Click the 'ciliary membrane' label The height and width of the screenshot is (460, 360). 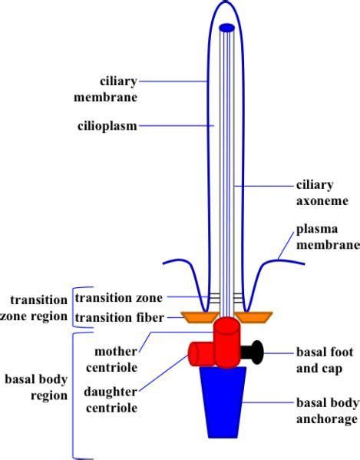[117, 89]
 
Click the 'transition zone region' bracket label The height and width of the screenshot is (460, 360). [35, 307]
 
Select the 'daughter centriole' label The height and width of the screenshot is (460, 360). [111, 399]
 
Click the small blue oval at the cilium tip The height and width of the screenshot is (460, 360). [227, 28]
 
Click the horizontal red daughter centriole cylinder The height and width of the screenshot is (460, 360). [202, 353]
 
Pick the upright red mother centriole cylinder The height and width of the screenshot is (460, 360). [227, 342]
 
